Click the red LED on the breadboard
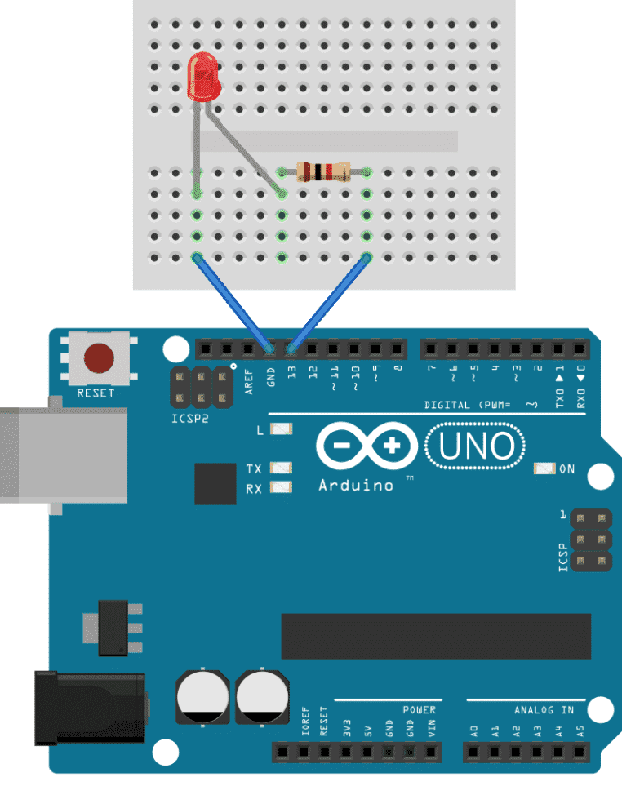click(x=203, y=77)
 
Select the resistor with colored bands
click(x=323, y=172)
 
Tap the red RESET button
click(x=99, y=358)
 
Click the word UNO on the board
click(x=476, y=446)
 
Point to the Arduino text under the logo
click(x=356, y=486)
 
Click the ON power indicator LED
click(x=544, y=468)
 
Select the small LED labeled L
click(x=281, y=429)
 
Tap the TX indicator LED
click(x=281, y=468)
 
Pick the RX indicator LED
click(x=281, y=486)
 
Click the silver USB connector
click(x=63, y=455)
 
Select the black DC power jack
click(x=91, y=708)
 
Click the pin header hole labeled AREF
click(x=248, y=349)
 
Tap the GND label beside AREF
click(x=271, y=377)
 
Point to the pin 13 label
click(x=291, y=372)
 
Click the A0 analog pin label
click(x=474, y=731)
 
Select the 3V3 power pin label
click(x=347, y=728)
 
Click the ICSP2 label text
click(x=189, y=419)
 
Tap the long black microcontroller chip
click(x=436, y=636)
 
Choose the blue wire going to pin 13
click(x=329, y=303)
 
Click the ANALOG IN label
click(x=544, y=710)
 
